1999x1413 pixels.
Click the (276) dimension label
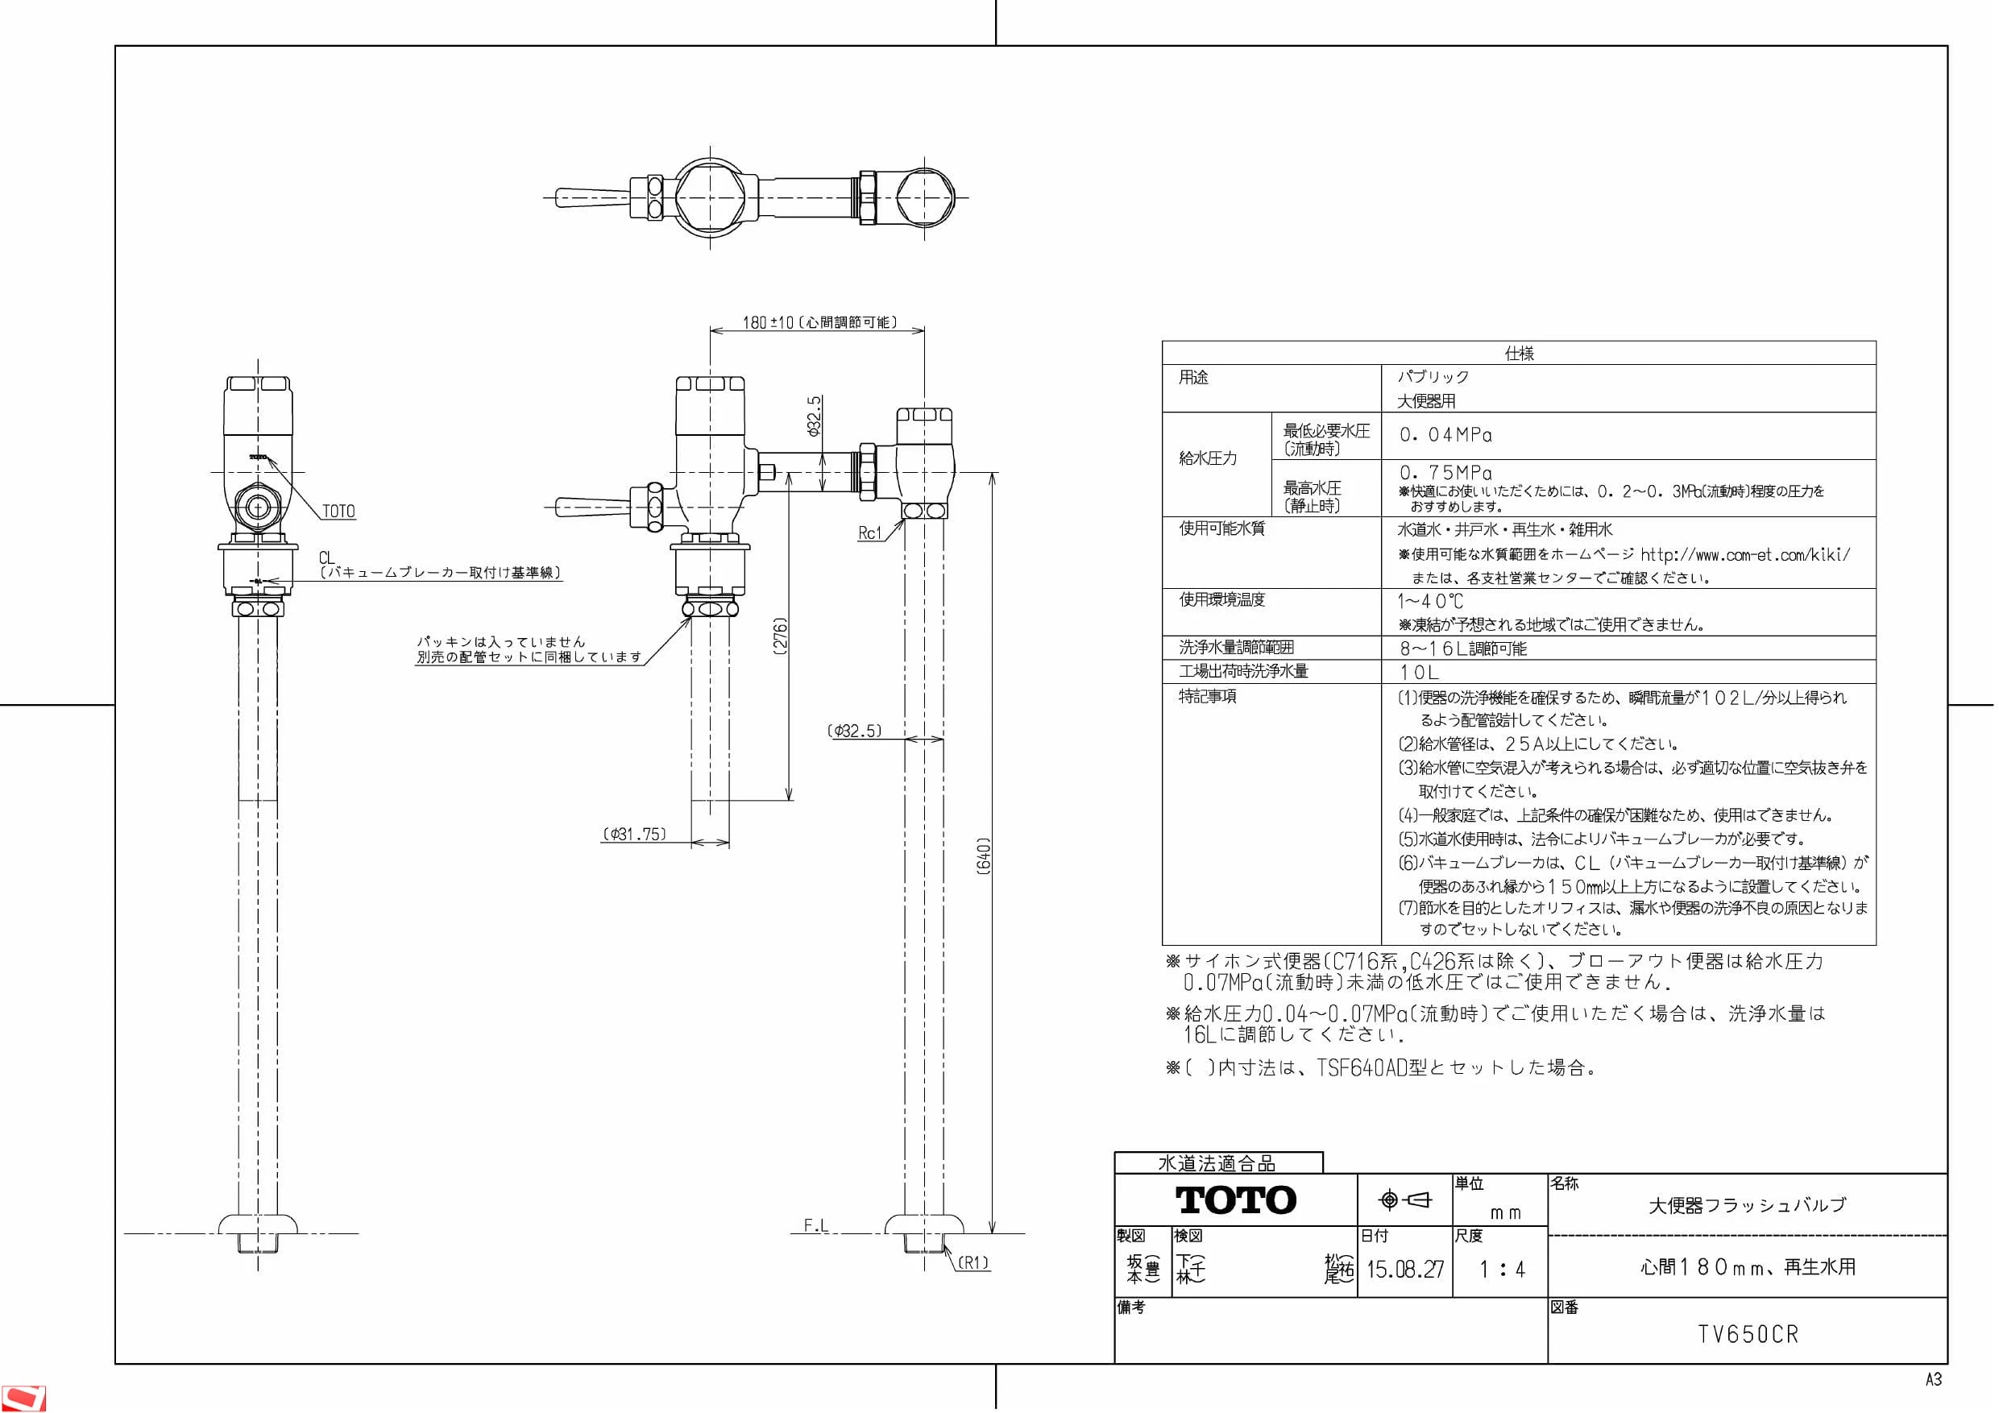pyautogui.click(x=781, y=636)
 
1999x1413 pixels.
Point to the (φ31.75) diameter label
pyautogui.click(x=635, y=834)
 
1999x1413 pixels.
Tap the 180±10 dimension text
pyautogui.click(x=768, y=323)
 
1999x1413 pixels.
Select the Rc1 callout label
pyautogui.click(x=869, y=532)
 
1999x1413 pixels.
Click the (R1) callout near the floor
pyautogui.click(x=973, y=1262)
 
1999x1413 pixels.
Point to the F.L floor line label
pyautogui.click(x=815, y=1226)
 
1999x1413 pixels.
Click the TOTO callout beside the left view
pyautogui.click(x=338, y=511)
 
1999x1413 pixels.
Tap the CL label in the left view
pyautogui.click(x=326, y=557)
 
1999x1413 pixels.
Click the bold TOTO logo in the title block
pyautogui.click(x=1236, y=1200)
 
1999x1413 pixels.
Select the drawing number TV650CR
pyautogui.click(x=1748, y=1335)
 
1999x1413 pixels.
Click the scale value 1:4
pyautogui.click(x=1502, y=1270)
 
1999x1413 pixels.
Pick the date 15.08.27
pyautogui.click(x=1404, y=1270)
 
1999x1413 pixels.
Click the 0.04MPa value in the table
pyautogui.click(x=1445, y=434)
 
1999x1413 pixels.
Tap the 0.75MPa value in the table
pyautogui.click(x=1445, y=472)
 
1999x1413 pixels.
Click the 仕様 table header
pyautogui.click(x=1520, y=353)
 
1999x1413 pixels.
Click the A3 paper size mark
pyautogui.click(x=1933, y=1380)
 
